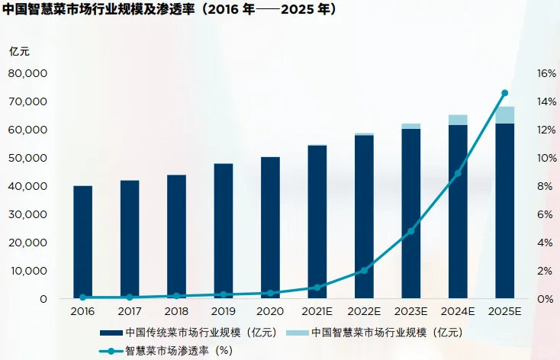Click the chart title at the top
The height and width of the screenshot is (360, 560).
pyautogui.click(x=169, y=11)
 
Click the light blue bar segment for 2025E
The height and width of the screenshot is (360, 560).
pyautogui.click(x=504, y=115)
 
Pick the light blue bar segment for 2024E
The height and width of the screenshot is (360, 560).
pyautogui.click(x=458, y=120)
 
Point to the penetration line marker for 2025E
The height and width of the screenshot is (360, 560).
pyautogui.click(x=504, y=93)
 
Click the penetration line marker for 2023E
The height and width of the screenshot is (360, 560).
pyautogui.click(x=410, y=231)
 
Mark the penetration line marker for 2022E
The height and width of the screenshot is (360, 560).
pyautogui.click(x=364, y=271)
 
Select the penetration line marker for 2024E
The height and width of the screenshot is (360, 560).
pyautogui.click(x=458, y=174)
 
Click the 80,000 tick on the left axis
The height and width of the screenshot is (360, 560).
pyautogui.click(x=28, y=74)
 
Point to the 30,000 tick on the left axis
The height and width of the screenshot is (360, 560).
pyautogui.click(x=28, y=214)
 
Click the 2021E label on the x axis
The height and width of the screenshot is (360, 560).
pyautogui.click(x=317, y=312)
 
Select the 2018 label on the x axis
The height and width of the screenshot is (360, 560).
pyautogui.click(x=176, y=312)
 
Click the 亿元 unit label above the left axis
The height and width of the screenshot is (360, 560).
pyautogui.click(x=20, y=52)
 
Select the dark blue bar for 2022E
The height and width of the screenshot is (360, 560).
pyautogui.click(x=364, y=217)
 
